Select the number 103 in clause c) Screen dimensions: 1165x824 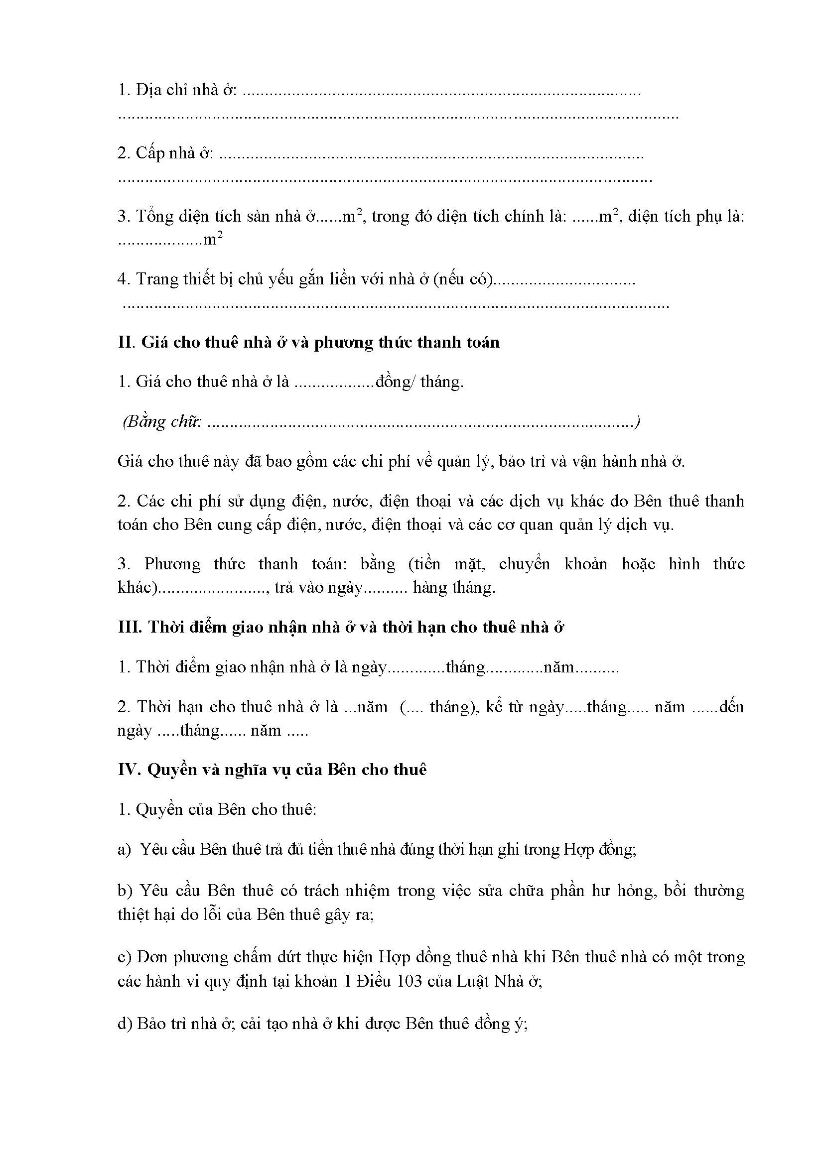tap(409, 981)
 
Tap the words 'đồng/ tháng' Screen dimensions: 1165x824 tap(418, 382)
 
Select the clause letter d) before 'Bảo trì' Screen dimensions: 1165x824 tap(125, 1024)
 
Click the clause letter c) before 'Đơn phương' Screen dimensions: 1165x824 tap(125, 957)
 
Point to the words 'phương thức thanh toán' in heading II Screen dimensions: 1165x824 tap(407, 343)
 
